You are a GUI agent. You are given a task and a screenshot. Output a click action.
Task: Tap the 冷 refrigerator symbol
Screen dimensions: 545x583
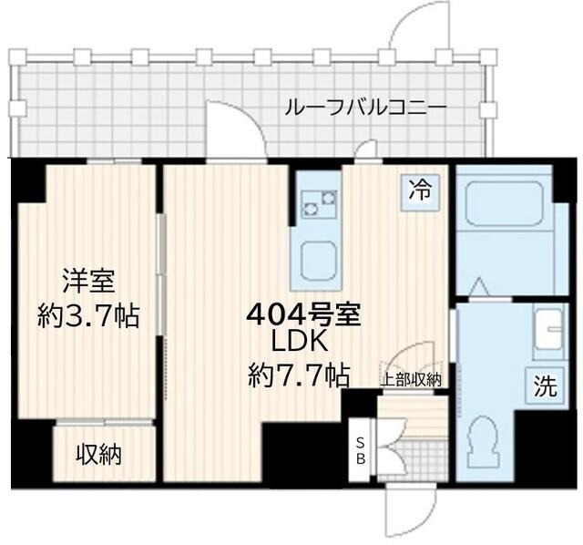420,190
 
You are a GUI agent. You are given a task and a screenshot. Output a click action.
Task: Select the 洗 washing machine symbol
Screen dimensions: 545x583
544,386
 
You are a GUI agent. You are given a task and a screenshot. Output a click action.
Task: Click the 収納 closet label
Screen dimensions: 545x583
98,453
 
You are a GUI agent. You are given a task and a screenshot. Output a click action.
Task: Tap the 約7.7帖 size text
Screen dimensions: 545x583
299,374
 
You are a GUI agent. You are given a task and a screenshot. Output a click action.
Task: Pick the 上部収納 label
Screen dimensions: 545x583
411,379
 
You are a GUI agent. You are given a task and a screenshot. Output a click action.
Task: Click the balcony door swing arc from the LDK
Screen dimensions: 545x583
234,128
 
